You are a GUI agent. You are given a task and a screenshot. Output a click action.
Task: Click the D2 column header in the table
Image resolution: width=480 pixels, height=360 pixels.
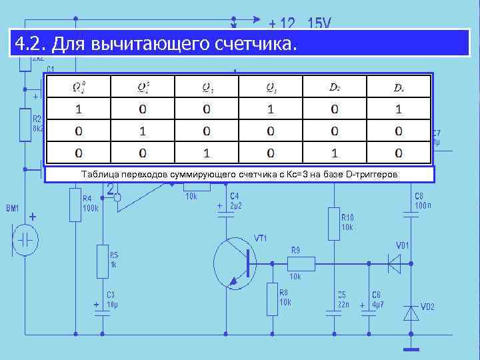pos(335,87)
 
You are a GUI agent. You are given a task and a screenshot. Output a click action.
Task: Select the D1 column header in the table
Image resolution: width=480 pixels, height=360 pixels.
pos(399,87)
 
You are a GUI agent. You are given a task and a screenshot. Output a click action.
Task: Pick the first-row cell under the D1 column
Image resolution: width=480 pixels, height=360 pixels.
pos(399,108)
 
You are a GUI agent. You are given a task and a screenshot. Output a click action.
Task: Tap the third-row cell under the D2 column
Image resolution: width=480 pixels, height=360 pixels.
pos(335,153)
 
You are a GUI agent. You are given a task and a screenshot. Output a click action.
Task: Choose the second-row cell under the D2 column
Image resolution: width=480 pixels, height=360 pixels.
pos(335,131)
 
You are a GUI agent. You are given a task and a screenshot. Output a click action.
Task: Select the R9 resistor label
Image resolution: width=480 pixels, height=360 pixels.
pos(295,251)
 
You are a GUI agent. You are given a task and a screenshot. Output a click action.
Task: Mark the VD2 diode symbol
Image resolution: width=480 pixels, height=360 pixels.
pos(411,312)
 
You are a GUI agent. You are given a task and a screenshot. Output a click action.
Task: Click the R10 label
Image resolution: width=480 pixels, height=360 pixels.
pos(347,217)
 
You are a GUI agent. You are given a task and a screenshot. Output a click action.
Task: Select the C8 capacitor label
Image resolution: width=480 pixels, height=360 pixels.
pos(419,196)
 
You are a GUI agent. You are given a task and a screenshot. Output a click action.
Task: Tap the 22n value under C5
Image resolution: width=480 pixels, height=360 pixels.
pos(342,304)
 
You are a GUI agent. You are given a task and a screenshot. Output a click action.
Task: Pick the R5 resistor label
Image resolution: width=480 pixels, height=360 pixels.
pos(114,255)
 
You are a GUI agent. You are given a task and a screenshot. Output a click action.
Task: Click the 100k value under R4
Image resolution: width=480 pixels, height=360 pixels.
pos(91,208)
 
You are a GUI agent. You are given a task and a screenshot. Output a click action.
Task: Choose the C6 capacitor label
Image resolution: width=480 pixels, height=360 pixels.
pos(377,294)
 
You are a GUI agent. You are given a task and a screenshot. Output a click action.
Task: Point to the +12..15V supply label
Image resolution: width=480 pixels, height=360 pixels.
pos(299,23)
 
